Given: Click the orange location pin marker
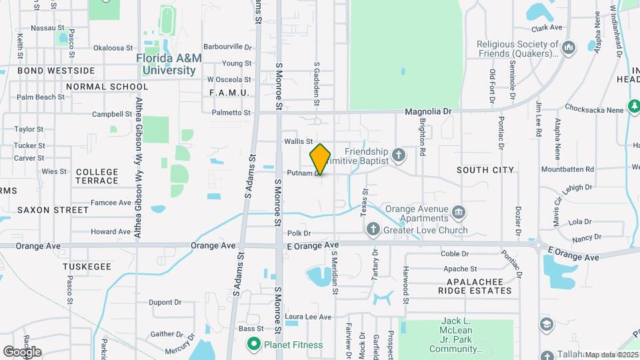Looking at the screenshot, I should click(x=321, y=159).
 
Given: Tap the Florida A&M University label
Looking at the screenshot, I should click(x=169, y=63).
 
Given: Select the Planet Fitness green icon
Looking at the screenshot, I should click(x=253, y=345).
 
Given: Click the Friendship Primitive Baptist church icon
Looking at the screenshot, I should click(x=399, y=155).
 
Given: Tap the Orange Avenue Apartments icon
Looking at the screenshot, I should click(x=459, y=213).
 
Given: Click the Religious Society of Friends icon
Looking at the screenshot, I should click(x=568, y=48).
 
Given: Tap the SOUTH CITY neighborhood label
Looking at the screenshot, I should click(x=485, y=170).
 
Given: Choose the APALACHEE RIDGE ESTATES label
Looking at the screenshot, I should click(x=475, y=285).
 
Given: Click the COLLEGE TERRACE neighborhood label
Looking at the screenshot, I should click(x=97, y=176).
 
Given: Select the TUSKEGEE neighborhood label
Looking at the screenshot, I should click(x=87, y=266).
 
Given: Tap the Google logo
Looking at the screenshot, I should click(x=22, y=352).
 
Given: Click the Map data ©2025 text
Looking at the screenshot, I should click(x=611, y=355).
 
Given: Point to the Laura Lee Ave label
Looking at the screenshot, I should click(x=308, y=317).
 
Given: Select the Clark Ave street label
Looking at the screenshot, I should click(x=547, y=29).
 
